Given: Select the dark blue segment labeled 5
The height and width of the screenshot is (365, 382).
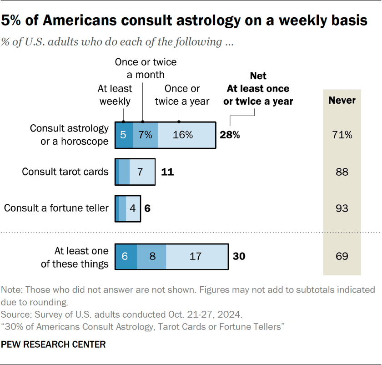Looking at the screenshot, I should (x=124, y=135).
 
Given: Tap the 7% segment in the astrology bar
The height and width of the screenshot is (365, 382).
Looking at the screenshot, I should (x=146, y=135).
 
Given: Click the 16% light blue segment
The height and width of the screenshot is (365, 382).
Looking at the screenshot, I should (x=186, y=135).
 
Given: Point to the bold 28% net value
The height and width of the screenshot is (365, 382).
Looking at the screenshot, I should (x=230, y=135).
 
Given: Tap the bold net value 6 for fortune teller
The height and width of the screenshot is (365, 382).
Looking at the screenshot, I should (x=147, y=208).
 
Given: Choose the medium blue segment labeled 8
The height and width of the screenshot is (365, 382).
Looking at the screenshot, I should (x=152, y=256).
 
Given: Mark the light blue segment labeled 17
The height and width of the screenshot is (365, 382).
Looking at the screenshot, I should (x=196, y=256).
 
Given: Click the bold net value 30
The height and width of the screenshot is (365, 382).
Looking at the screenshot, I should (x=239, y=256).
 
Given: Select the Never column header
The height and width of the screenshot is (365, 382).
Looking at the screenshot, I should (x=342, y=100).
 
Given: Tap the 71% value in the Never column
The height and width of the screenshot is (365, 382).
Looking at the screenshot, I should (x=342, y=135).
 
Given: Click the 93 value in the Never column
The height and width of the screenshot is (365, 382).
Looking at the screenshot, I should (x=342, y=208).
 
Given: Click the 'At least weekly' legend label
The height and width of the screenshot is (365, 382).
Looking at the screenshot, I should (x=115, y=95).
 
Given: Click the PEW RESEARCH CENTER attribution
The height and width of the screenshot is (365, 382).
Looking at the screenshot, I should (x=54, y=345).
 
